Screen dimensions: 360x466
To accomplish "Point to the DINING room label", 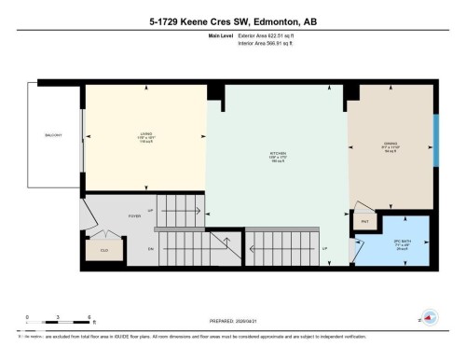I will click(x=391, y=146).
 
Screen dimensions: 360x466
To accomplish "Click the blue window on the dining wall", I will click(x=436, y=140).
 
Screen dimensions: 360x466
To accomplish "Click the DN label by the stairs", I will click(x=150, y=249).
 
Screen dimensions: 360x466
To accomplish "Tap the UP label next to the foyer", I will click(x=150, y=197).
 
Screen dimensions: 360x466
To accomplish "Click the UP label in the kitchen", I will click(x=324, y=249).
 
